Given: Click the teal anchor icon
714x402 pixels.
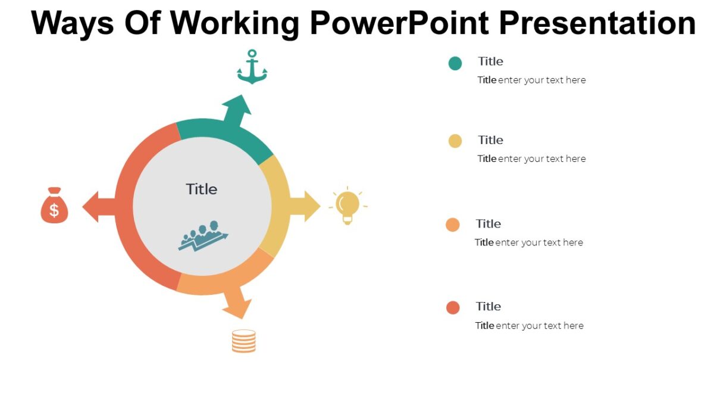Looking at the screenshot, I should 252,67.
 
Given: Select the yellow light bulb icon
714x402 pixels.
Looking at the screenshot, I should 347,206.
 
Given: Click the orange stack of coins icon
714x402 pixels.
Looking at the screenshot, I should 244,341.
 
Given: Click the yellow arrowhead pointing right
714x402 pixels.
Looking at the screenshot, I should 311,206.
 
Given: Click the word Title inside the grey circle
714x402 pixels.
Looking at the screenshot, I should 202,189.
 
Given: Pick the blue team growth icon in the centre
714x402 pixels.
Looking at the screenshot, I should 203,236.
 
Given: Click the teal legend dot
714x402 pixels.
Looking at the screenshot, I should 455,63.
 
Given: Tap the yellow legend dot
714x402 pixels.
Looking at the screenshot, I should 455,141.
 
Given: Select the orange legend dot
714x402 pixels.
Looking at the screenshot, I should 453,225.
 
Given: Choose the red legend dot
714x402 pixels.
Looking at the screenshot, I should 453,307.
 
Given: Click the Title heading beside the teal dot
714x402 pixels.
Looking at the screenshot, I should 490,61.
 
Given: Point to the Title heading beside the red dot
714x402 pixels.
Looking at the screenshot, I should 488,306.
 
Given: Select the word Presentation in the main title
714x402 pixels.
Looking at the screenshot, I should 597,23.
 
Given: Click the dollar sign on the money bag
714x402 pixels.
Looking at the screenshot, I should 54,210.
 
